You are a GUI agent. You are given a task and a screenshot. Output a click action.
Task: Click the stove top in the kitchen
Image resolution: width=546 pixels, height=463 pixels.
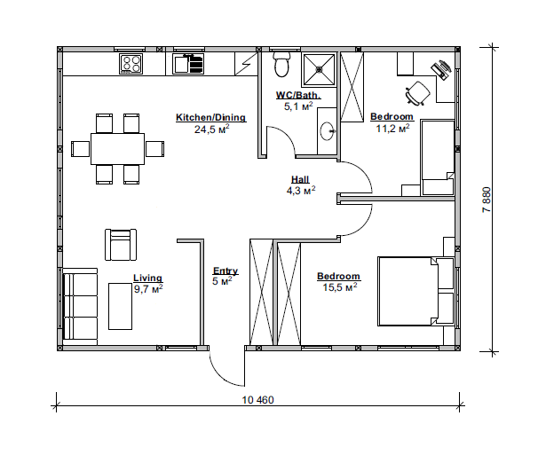click(131, 64)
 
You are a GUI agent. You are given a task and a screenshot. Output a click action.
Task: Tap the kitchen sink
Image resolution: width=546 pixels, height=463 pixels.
click(188, 64)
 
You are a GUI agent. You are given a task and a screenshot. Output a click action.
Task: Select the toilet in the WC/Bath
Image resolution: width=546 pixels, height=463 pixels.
click(281, 64)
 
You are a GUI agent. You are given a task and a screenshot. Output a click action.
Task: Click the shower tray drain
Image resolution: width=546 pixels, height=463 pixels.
click(320, 69)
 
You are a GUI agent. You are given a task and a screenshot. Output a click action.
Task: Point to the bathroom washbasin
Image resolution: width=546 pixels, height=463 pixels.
click(328, 130)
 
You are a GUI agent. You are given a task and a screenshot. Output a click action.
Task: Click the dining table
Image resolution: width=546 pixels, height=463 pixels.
click(118, 149)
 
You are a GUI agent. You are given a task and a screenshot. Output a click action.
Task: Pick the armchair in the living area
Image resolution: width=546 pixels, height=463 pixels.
click(121, 245)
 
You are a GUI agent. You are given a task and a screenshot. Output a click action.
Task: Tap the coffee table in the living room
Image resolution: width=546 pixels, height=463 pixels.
click(120, 306)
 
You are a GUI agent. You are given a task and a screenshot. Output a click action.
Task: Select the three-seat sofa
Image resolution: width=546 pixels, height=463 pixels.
click(80, 306)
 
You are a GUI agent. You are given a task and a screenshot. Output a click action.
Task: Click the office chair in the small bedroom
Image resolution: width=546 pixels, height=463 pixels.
click(417, 93)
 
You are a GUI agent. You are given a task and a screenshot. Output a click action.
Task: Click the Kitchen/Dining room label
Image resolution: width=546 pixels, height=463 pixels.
click(210, 117)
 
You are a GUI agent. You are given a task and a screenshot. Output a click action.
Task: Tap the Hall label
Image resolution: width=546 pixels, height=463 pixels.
click(300, 179)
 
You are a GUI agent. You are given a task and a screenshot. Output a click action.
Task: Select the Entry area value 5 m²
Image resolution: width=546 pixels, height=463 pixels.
click(222, 280)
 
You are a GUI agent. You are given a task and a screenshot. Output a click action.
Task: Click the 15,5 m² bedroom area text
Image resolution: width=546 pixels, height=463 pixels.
click(340, 287)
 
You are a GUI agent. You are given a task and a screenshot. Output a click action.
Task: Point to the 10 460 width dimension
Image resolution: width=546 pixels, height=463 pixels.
click(258, 400)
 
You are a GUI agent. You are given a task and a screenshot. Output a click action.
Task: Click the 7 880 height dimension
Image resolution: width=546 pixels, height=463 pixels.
click(487, 200)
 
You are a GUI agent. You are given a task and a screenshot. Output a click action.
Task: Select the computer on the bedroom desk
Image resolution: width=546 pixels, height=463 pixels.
click(441, 69)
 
